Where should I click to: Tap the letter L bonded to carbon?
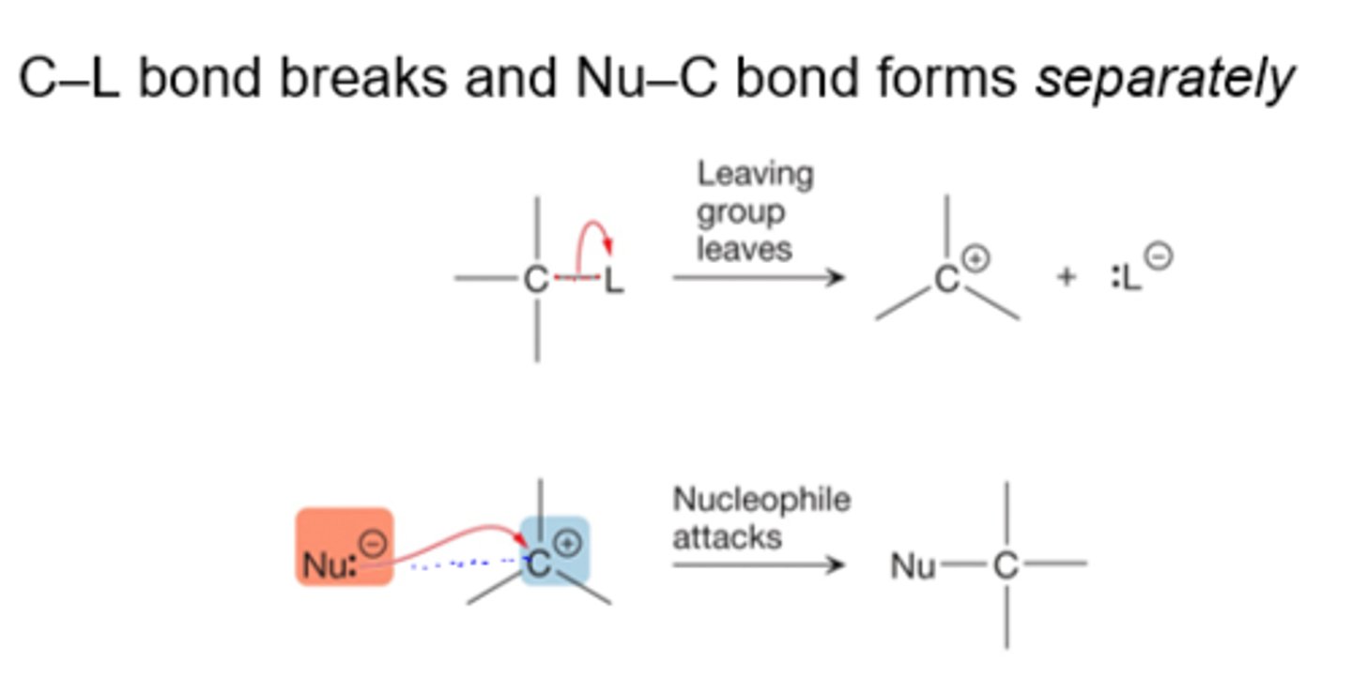613,280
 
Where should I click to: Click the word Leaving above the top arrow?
755,175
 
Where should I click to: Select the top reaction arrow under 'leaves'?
759,278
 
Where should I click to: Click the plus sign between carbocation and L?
1066,278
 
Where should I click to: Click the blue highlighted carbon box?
554,554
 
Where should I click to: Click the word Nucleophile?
760,500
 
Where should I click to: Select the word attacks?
727,537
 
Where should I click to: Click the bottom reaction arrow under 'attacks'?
759,565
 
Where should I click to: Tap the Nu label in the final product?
913,565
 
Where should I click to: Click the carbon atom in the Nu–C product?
1006,565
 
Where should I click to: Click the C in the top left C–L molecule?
536,280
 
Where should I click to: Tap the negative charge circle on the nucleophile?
374,543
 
